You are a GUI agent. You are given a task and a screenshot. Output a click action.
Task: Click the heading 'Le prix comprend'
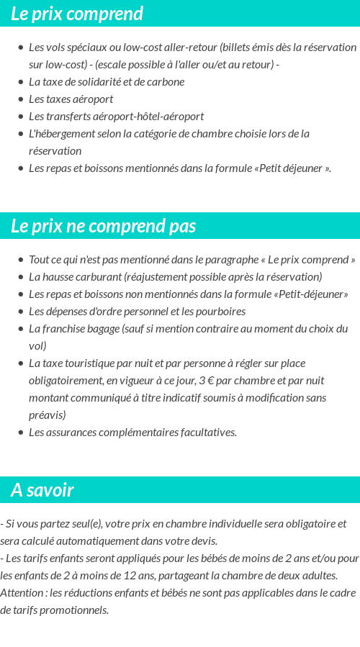pyautogui.click(x=77, y=14)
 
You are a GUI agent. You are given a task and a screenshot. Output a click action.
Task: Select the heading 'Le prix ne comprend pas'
pyautogui.click(x=104, y=226)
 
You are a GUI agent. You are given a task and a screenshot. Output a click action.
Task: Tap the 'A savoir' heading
pyautogui.click(x=42, y=490)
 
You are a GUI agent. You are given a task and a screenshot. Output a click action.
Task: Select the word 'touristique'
pyautogui.click(x=94, y=363)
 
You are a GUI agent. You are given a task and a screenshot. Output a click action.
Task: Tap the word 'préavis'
pyautogui.click(x=45, y=415)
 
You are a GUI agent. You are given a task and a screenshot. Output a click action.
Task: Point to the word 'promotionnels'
pyautogui.click(x=75, y=610)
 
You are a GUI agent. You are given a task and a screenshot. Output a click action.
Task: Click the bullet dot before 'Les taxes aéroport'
pyautogui.click(x=21, y=99)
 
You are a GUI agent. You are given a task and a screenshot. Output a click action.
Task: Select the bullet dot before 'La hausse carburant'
pyautogui.click(x=21, y=277)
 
